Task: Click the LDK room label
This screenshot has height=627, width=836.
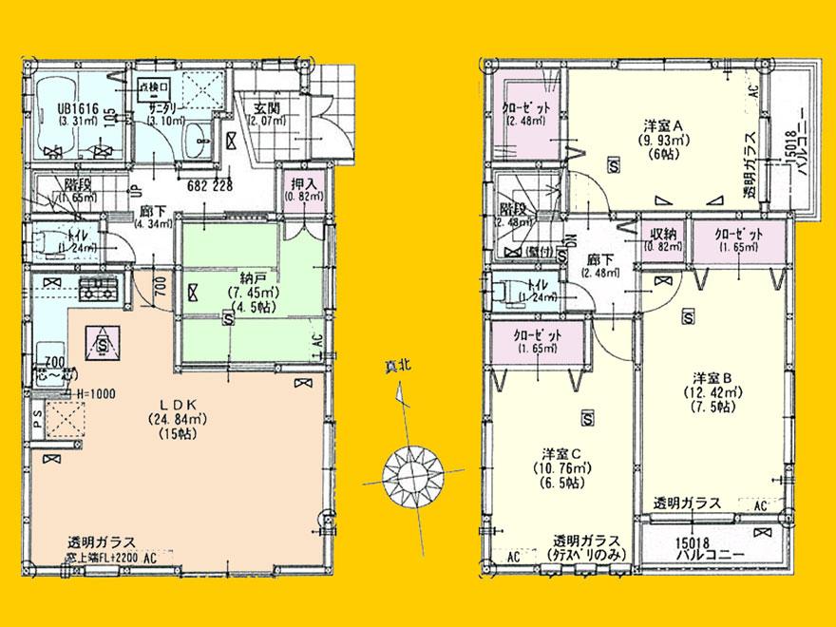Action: tap(172, 403)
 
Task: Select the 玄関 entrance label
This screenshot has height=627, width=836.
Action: tap(266, 107)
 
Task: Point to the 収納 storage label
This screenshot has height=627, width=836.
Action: tap(662, 235)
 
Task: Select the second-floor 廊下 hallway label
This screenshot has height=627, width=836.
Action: tap(598, 258)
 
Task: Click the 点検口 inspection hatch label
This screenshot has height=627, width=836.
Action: tap(155, 87)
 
